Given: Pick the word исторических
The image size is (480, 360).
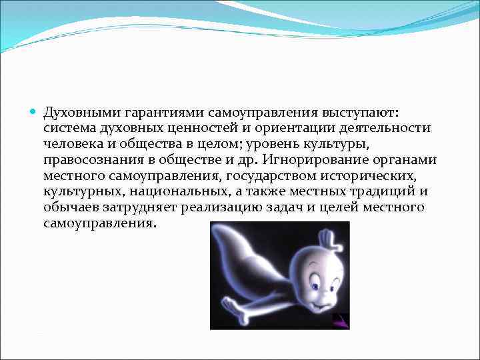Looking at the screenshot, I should coord(375,175).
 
